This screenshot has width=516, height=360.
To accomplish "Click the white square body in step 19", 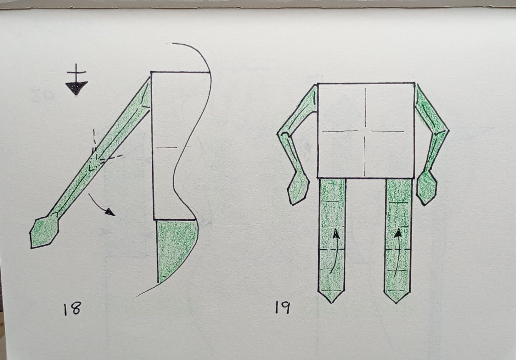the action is pyautogui.click(x=366, y=131).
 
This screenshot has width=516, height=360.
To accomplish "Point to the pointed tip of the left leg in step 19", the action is pyautogui.click(x=332, y=303).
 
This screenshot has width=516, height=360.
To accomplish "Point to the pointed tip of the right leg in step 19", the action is pyautogui.click(x=397, y=303).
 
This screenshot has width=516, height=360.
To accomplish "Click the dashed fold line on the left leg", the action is pyautogui.click(x=332, y=250).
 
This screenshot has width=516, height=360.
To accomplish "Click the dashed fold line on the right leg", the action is pyautogui.click(x=398, y=249).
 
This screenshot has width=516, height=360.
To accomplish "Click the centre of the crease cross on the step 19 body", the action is pyautogui.click(x=365, y=131).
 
